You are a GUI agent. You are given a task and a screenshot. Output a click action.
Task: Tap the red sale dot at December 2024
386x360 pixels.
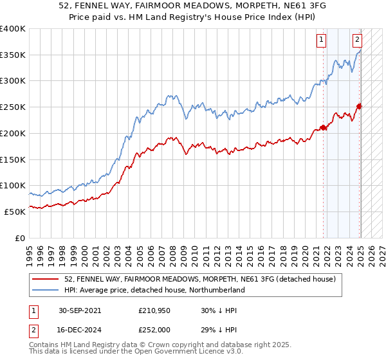pos(360,106)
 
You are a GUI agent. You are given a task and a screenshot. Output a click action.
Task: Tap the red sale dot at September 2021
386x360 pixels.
pos(324,127)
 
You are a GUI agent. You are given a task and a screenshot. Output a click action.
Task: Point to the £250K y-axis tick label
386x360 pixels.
pos(12,107)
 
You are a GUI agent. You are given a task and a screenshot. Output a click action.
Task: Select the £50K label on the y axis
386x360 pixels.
pos(15,212)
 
